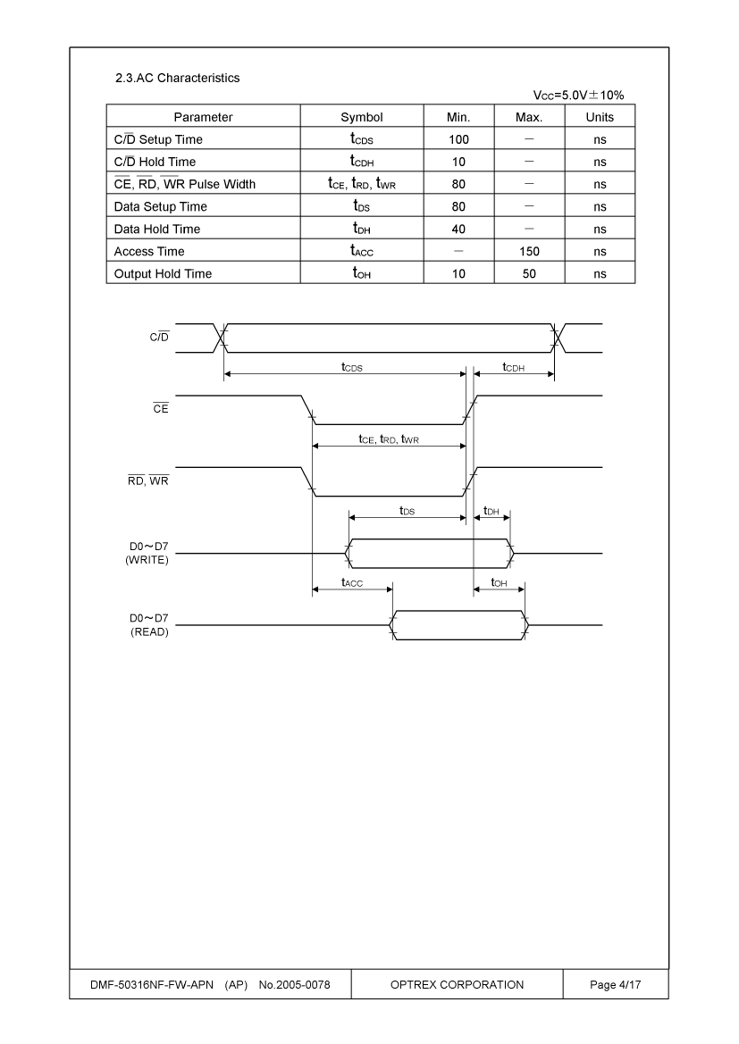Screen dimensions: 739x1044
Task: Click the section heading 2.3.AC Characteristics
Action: (177, 78)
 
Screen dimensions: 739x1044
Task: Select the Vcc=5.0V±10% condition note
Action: (578, 96)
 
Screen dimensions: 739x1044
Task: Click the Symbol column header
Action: (362, 117)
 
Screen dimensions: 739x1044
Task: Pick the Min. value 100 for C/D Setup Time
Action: (458, 140)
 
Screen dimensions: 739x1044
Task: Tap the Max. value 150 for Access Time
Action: (529, 252)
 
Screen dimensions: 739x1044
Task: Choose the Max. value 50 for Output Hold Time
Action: (529, 273)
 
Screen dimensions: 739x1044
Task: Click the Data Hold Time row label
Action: (157, 229)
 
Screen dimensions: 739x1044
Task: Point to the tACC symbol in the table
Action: (362, 251)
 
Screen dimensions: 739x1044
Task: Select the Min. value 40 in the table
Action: (458, 229)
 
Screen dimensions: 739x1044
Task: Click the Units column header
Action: (600, 117)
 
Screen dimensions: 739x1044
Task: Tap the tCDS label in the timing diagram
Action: (352, 367)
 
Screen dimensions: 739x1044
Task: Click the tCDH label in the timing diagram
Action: (514, 367)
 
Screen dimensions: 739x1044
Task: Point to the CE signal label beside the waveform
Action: (161, 408)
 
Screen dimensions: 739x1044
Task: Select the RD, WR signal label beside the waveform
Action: (148, 480)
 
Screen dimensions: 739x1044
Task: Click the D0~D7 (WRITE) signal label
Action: (147, 554)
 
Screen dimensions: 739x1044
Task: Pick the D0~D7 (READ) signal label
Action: (149, 625)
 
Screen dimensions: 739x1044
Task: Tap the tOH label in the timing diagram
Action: (500, 582)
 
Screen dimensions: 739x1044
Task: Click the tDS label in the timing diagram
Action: (407, 511)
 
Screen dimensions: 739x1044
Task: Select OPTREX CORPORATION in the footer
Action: (458, 985)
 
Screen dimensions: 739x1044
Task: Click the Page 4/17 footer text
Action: (615, 985)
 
